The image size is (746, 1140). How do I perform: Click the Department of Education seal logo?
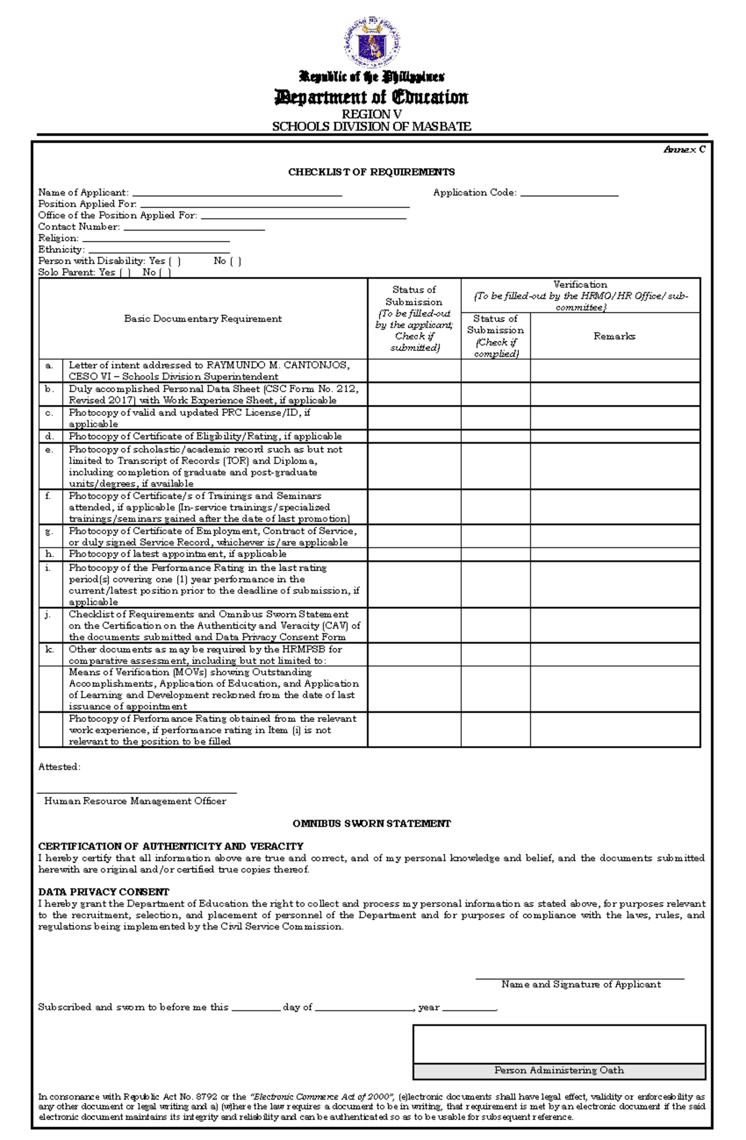coord(372,42)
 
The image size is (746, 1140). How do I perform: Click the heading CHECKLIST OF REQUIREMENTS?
coord(371,172)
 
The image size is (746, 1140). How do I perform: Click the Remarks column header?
coord(614,336)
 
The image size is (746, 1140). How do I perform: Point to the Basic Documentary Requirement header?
coord(203,319)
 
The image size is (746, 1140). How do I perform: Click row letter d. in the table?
coord(50,436)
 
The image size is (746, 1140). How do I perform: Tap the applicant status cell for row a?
coord(414,370)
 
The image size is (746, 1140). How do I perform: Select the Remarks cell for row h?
coord(614,554)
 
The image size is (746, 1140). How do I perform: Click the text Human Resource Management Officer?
coord(135,801)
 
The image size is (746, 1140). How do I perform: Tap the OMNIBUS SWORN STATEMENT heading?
coord(371,824)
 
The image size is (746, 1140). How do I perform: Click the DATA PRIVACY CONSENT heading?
coord(103,892)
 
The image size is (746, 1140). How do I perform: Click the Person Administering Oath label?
coord(558,1070)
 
